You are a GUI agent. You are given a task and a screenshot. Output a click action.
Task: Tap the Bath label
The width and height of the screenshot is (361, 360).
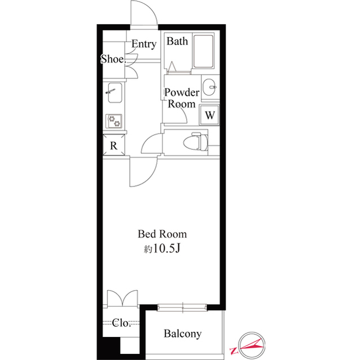pos(177,41)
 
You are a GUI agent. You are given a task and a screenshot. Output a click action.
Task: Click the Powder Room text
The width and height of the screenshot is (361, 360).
pos(181,98)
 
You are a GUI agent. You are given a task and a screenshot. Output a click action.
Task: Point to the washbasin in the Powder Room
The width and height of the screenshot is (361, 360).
pos(210,86)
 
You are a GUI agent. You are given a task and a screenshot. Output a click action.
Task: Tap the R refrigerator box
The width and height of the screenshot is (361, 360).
pos(113,146)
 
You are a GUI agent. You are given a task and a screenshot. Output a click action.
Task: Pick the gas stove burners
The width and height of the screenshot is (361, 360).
pos(115,121)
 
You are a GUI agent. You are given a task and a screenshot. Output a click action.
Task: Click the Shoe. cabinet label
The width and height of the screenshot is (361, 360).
pos(112,59)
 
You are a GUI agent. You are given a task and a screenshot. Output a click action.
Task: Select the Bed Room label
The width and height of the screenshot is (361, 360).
pos(162,234)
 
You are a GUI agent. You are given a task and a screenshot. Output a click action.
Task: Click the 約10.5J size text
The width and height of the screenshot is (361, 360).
pos(162,248)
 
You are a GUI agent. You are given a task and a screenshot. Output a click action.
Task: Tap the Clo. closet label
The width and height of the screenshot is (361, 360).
pos(121,323)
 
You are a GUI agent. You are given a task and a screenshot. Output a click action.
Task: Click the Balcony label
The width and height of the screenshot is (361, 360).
pos(182,334)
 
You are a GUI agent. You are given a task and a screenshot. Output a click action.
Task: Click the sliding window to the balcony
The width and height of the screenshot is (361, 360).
pos(183,307)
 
